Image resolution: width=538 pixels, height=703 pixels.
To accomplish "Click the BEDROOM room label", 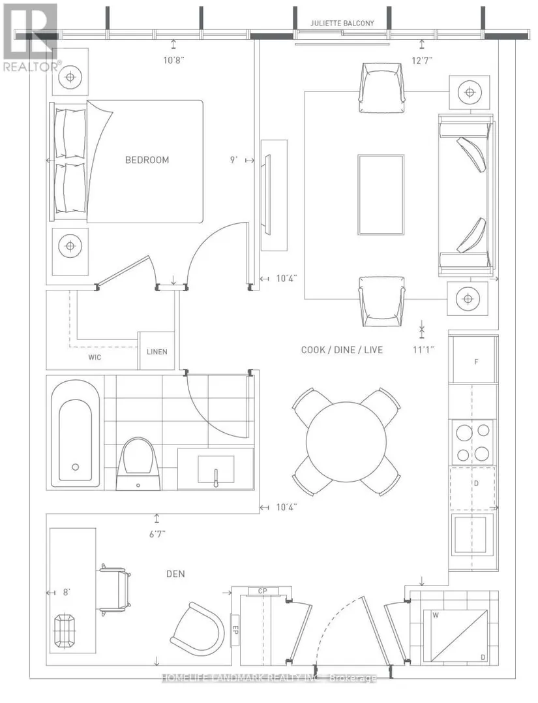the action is point(147,160).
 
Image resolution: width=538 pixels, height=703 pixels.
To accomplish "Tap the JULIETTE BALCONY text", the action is point(342,23).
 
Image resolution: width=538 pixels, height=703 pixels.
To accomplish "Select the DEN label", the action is point(175,574).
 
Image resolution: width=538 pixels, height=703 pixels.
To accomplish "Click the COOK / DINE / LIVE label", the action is point(342,350).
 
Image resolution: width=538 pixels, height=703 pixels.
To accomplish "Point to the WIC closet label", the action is point(95,357).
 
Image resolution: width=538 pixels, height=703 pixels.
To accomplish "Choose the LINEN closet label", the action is point(157,352).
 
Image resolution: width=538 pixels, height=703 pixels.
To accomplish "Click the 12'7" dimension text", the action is point(422,60).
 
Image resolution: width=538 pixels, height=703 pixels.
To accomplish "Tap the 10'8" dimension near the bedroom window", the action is point(174,60).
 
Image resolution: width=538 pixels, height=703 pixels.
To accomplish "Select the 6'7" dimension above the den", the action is point(157,534).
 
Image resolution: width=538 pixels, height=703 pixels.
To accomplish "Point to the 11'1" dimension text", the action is point(423,350).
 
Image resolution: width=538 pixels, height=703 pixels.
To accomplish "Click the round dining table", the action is point(346,442).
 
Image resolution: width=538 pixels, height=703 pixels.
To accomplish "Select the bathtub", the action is point(75,433).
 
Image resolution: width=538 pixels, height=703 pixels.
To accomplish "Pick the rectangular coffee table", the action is point(381,195).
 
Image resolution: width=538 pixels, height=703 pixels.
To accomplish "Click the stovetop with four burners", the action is point(473,443).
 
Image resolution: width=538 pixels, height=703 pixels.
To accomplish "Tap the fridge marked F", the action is point(474,360).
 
